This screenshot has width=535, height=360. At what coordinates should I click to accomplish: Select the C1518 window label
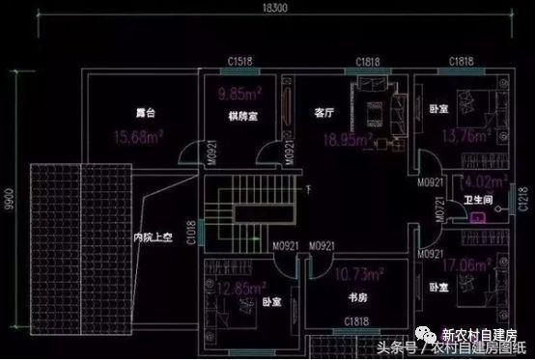point(241,61)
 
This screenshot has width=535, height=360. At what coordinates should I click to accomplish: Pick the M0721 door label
point(439,210)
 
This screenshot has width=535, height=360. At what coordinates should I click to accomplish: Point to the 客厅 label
point(324,112)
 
